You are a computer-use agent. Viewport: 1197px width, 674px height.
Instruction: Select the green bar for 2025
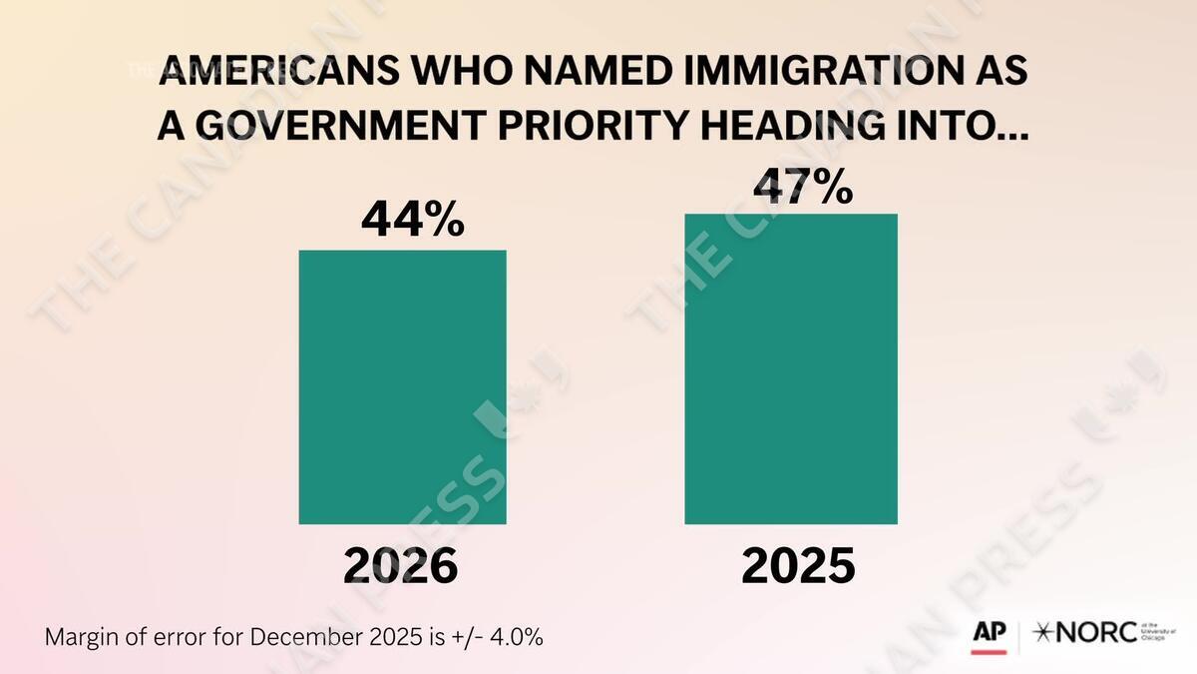point(791,368)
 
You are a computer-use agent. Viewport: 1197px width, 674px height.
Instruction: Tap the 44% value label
point(412,220)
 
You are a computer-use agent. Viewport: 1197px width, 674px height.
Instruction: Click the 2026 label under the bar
point(401,567)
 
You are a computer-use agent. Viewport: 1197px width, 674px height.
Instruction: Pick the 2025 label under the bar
point(798,566)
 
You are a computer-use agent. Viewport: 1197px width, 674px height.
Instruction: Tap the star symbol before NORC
point(1042,633)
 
